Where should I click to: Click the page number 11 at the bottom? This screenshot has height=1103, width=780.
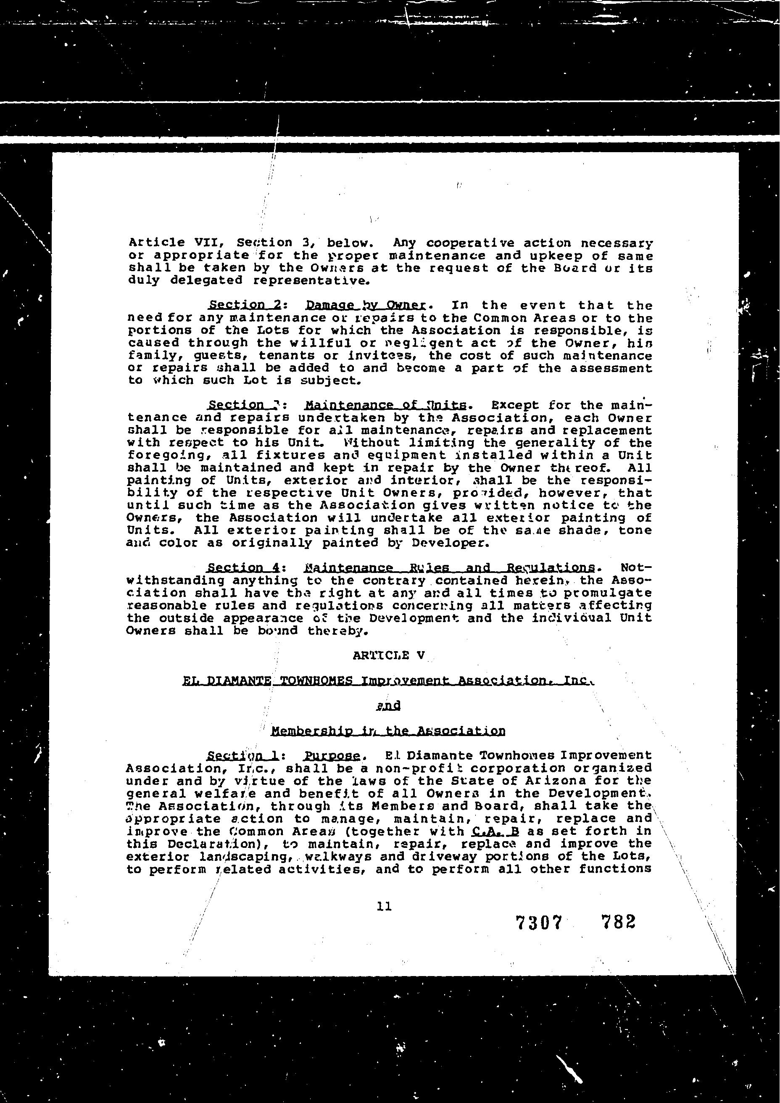[384, 906]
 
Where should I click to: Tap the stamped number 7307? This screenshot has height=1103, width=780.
[538, 922]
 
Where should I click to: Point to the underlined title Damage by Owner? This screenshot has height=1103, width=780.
[366, 305]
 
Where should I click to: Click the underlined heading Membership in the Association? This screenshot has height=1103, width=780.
[388, 731]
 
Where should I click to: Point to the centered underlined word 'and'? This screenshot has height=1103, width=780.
[388, 705]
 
